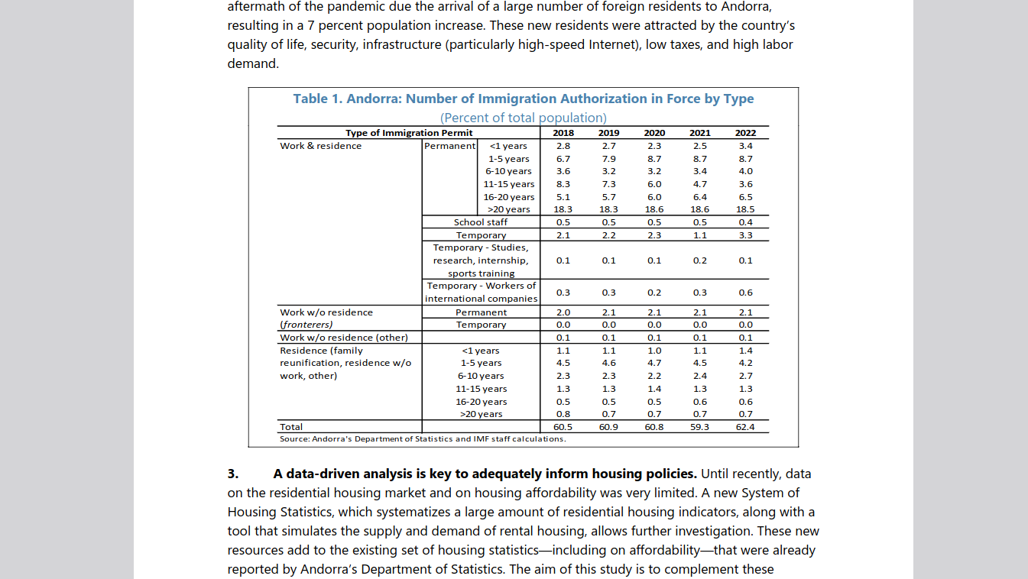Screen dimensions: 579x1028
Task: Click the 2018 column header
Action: click(x=563, y=133)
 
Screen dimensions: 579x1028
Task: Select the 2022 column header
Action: click(x=745, y=133)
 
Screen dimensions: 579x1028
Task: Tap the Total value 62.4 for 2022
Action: click(x=745, y=427)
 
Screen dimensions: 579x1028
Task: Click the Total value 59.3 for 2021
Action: click(x=699, y=427)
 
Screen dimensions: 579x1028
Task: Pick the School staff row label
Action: click(x=480, y=222)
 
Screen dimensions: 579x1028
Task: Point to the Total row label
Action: click(x=291, y=427)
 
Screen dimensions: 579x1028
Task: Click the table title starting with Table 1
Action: click(x=523, y=99)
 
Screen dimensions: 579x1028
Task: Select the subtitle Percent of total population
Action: click(x=523, y=118)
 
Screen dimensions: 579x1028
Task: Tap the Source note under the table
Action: click(x=423, y=439)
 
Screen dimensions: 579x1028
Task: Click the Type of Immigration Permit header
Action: click(x=409, y=133)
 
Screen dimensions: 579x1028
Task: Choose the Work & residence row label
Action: click(x=321, y=146)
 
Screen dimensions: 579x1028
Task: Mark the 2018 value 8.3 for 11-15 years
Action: click(x=563, y=184)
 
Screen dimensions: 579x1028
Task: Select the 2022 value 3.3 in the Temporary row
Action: click(x=745, y=235)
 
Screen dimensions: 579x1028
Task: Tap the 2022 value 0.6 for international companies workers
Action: click(x=745, y=293)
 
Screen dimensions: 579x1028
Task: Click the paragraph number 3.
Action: click(x=233, y=474)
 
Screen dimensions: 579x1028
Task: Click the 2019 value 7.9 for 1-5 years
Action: click(x=608, y=159)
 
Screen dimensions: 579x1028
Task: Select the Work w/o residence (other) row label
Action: click(x=344, y=338)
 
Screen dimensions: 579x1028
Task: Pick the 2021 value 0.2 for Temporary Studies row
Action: click(x=699, y=260)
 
